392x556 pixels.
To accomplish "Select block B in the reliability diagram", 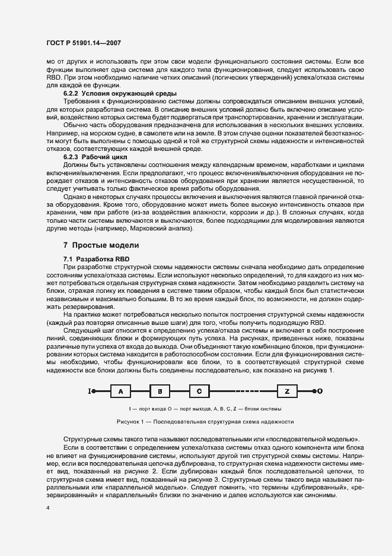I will point(160,391).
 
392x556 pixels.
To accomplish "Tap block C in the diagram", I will point(199,391).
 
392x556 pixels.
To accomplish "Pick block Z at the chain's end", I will point(287,391).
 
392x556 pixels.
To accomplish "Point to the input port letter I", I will point(90,391).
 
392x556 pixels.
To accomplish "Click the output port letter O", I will point(320,391).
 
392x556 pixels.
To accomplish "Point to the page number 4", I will point(47,508).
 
